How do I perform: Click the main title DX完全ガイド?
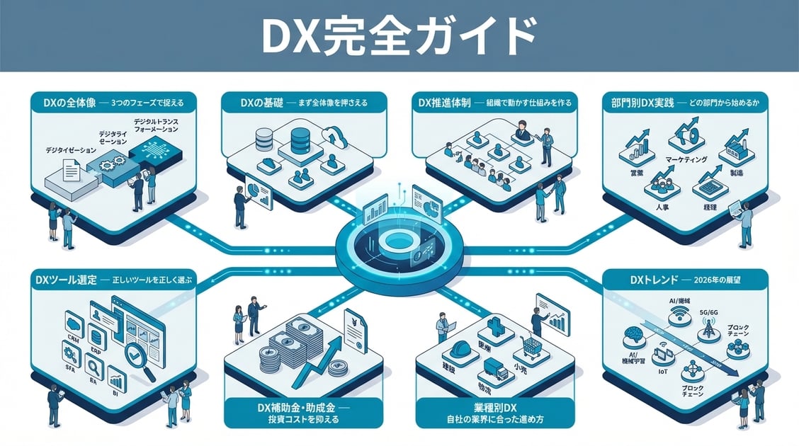tap(399, 36)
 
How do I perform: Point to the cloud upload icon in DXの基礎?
tap(331, 136)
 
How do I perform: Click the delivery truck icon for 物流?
tap(494, 369)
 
